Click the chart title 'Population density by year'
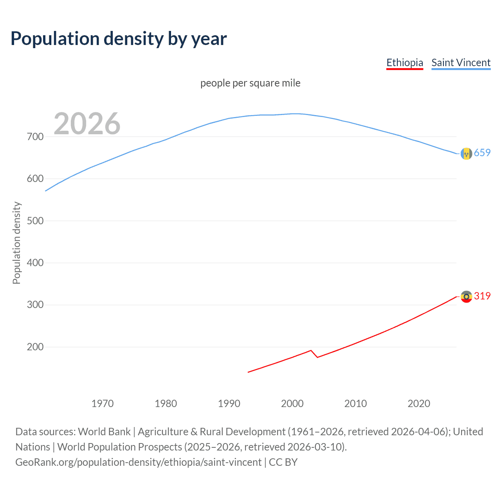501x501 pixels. [x=119, y=39]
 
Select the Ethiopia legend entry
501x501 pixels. [x=405, y=63]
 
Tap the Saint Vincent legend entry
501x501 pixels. [x=461, y=63]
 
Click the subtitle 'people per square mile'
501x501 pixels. [x=250, y=83]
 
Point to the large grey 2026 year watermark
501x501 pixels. [x=87, y=124]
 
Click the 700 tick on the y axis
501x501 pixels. [x=35, y=137]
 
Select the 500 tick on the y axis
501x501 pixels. [x=35, y=221]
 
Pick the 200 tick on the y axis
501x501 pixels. [x=35, y=347]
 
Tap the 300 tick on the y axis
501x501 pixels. [x=35, y=305]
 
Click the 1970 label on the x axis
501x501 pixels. [x=103, y=404]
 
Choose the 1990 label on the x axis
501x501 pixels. [x=229, y=404]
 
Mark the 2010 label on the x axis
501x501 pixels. [x=355, y=404]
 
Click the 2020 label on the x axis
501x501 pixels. [x=419, y=404]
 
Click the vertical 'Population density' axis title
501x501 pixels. [x=16, y=243]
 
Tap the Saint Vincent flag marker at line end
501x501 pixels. [x=466, y=154]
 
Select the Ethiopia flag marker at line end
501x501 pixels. [x=466, y=297]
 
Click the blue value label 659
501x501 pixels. [x=482, y=153]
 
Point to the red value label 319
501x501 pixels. [x=482, y=296]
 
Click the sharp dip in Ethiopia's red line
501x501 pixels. [x=317, y=357]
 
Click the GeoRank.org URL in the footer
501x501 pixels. [x=139, y=462]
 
